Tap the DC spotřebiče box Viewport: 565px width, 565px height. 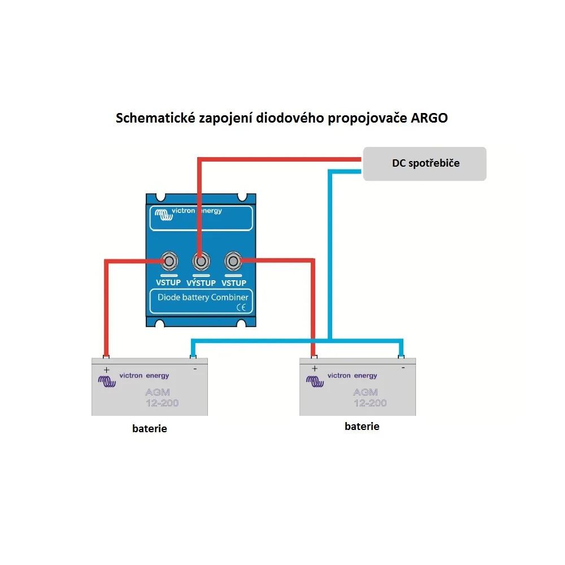point(424,163)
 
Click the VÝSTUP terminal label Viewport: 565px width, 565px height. point(201,283)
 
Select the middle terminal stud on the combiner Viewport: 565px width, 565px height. point(199,262)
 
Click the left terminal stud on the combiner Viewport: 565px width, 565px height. point(169,262)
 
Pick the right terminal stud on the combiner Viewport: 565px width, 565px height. point(232,262)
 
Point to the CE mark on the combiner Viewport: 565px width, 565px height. point(240,308)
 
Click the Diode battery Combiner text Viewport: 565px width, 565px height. point(202,297)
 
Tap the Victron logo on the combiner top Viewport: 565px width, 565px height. point(163,215)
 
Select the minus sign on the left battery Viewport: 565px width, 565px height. point(195,369)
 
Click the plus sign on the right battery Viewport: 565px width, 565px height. point(314,368)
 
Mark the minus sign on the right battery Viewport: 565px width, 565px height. point(403,368)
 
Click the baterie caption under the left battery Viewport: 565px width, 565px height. point(150,429)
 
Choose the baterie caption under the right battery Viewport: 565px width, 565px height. point(362,427)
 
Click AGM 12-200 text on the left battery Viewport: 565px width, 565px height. point(162,398)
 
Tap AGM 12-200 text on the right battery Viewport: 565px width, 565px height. point(370,397)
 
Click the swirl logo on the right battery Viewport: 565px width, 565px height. point(314,381)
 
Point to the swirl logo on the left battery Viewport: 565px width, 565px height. point(107,381)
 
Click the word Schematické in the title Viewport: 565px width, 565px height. point(153,119)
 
